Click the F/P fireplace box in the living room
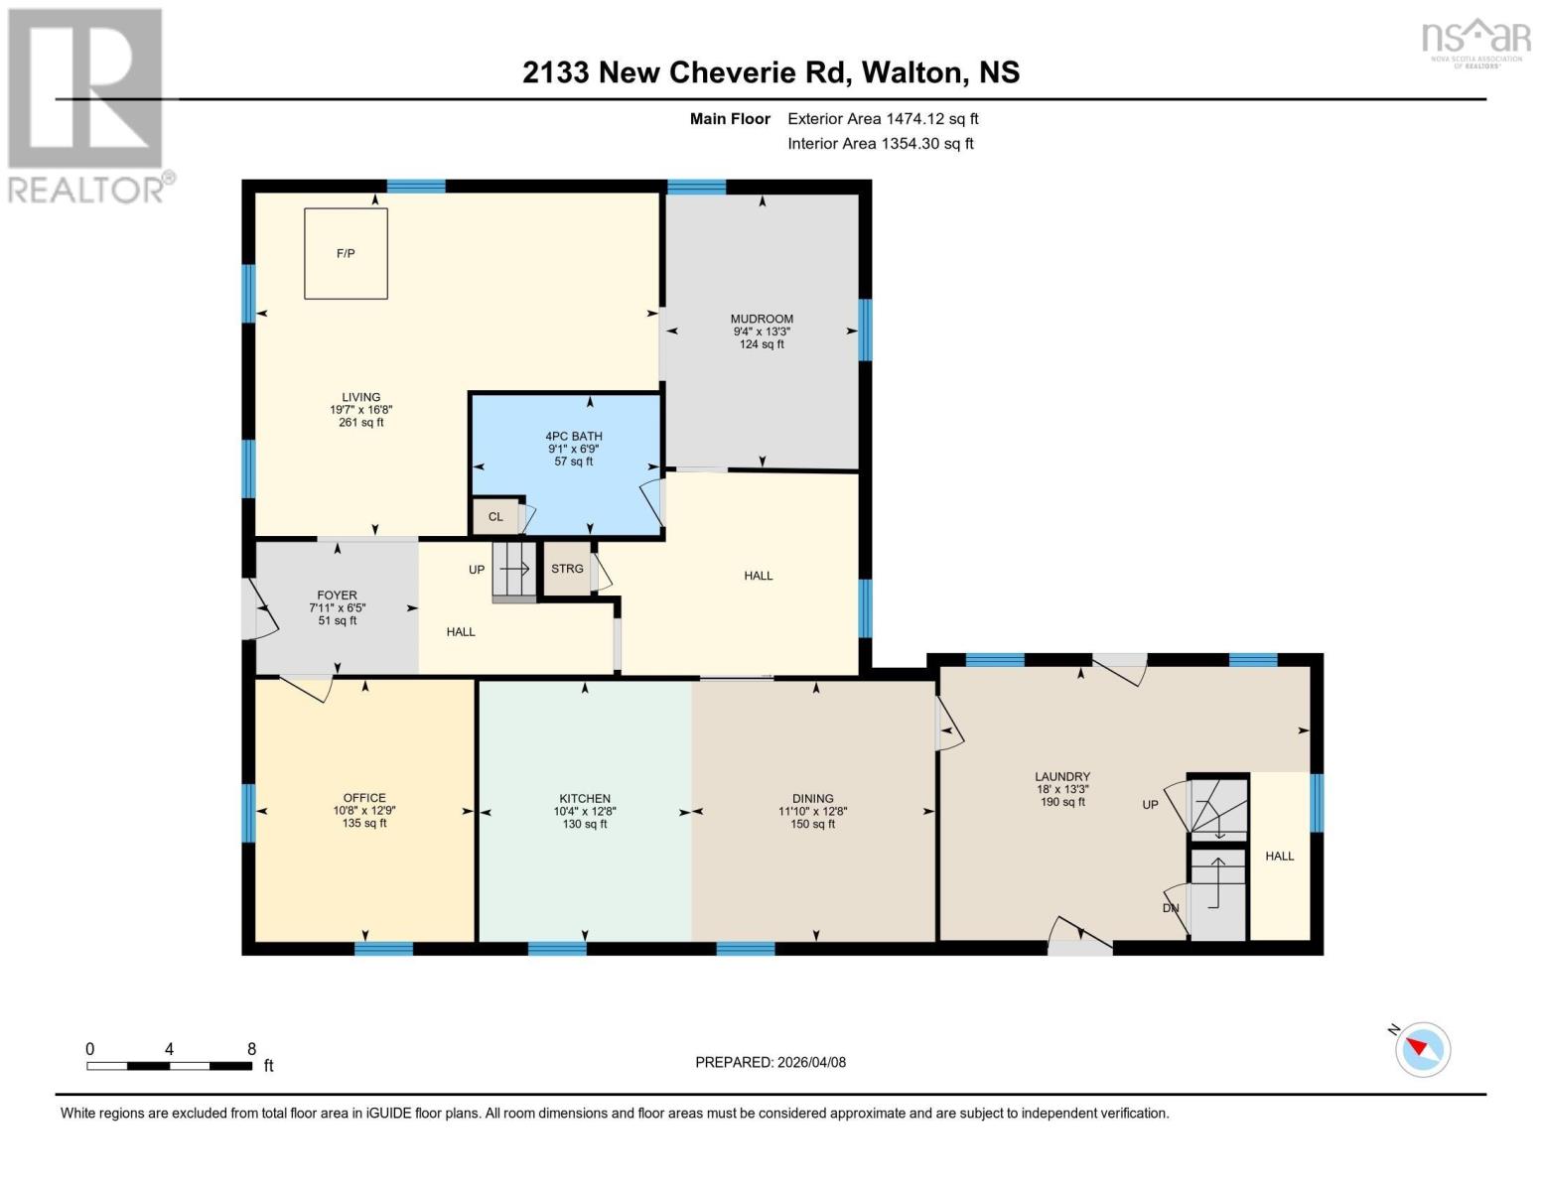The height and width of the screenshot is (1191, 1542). (x=346, y=253)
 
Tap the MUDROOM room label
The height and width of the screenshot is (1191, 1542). (x=763, y=320)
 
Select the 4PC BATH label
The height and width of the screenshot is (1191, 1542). (x=573, y=437)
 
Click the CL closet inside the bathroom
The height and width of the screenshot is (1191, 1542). (x=495, y=516)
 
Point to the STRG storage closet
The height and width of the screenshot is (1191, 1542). (x=567, y=568)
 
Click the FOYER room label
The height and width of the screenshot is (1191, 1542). (x=337, y=595)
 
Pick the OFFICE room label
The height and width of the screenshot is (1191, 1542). (x=364, y=798)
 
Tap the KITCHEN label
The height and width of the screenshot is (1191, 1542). (x=585, y=799)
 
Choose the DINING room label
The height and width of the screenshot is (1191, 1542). (x=813, y=799)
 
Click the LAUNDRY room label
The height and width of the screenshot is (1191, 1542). (x=1062, y=777)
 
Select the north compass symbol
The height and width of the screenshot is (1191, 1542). (x=1422, y=1049)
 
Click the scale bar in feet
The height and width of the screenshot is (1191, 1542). (x=171, y=1065)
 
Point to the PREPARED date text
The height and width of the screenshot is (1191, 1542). (x=771, y=1063)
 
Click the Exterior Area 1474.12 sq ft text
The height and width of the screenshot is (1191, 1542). (x=883, y=119)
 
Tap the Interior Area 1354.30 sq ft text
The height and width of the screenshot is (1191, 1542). (x=881, y=144)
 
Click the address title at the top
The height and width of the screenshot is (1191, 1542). (x=771, y=72)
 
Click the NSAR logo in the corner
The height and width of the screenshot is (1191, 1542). (x=1476, y=44)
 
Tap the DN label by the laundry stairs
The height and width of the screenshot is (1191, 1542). (x=1171, y=908)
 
